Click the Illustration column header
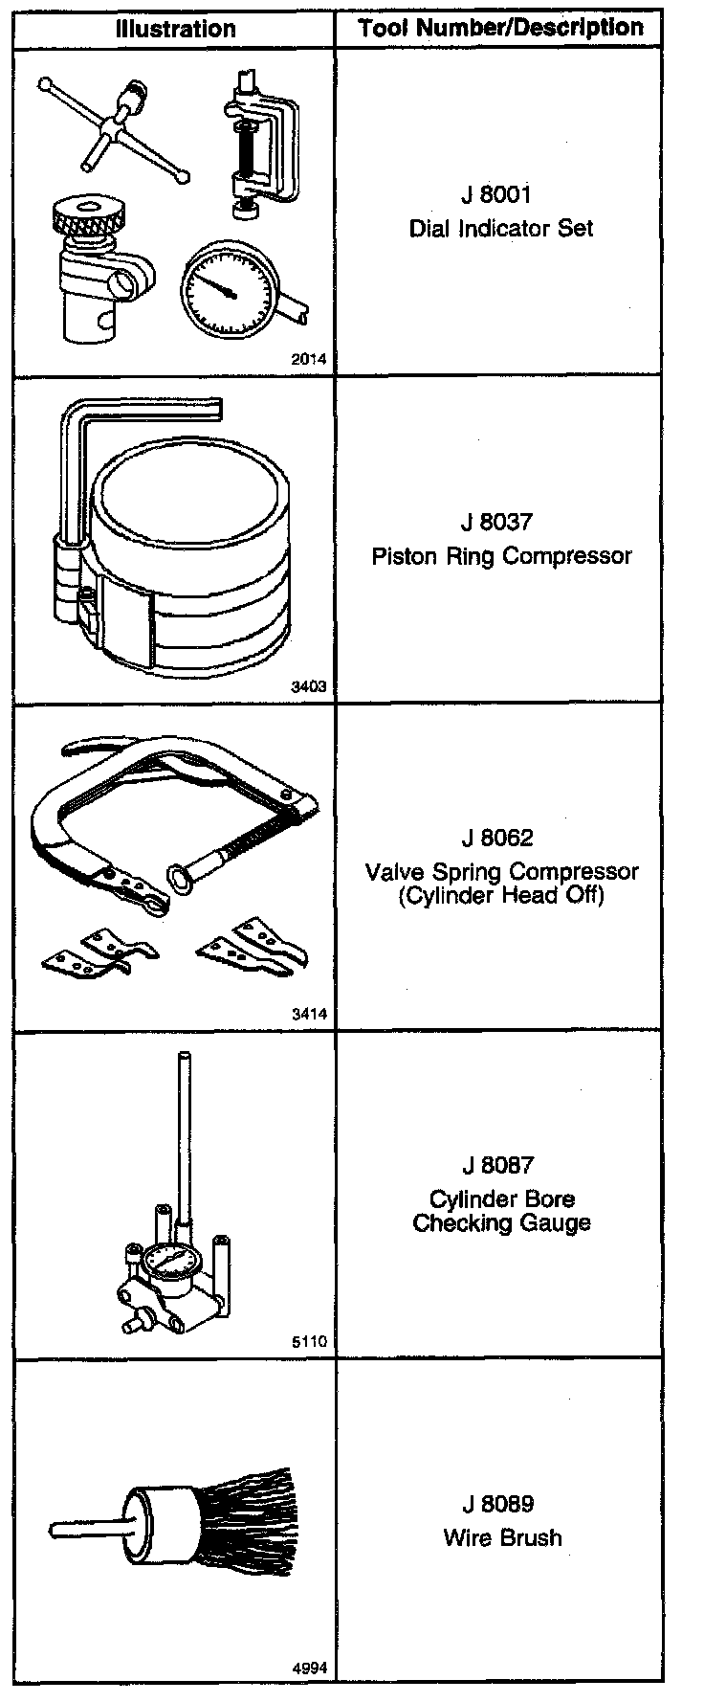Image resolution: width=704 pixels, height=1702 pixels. point(175,29)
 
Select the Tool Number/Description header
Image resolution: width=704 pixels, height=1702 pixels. point(500,29)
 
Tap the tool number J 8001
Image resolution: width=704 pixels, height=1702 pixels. point(495,195)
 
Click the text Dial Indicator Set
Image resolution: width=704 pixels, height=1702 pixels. point(501,228)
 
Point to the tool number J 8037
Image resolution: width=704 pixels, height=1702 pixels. point(495,523)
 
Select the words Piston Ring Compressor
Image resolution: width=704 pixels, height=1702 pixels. point(501,555)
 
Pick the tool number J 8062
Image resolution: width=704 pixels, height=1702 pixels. point(495,838)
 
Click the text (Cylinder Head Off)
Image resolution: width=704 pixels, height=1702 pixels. point(501,896)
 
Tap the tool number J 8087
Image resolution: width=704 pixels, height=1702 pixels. point(495,1165)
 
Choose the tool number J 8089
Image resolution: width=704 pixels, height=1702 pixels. point(495,1505)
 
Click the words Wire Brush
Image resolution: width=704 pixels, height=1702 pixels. point(502,1537)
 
